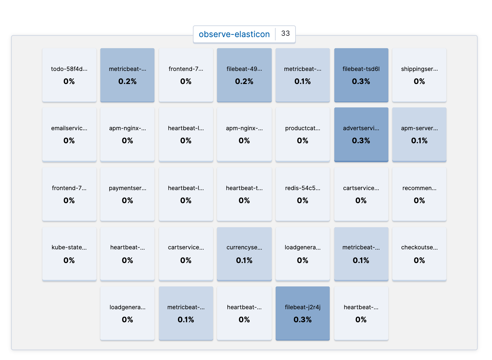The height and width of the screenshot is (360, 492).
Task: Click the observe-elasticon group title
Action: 234,34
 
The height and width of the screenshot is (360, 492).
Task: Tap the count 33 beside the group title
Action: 285,34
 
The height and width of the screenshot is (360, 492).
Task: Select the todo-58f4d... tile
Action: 69,75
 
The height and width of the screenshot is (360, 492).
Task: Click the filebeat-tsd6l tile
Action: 361,75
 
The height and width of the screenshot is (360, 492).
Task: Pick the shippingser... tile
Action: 419,75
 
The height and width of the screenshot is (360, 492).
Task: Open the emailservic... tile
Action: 69,134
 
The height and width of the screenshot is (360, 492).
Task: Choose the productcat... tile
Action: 303,134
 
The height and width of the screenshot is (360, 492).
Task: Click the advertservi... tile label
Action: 361,128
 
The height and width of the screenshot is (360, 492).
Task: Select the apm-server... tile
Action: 419,134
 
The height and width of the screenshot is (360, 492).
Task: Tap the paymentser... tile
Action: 127,194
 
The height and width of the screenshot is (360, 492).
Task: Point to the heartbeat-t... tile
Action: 244,194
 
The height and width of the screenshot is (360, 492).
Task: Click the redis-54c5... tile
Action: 303,194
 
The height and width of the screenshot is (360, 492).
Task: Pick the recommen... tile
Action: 419,194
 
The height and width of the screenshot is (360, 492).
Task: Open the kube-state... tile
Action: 69,254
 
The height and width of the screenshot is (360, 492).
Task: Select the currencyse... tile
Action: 244,254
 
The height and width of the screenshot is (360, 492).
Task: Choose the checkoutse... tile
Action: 419,254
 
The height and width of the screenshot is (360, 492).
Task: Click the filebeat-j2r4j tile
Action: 303,313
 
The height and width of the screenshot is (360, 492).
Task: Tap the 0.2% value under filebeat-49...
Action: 244,81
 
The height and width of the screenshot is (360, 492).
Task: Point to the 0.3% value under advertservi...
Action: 361,141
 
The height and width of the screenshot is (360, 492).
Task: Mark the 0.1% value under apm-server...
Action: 419,141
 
